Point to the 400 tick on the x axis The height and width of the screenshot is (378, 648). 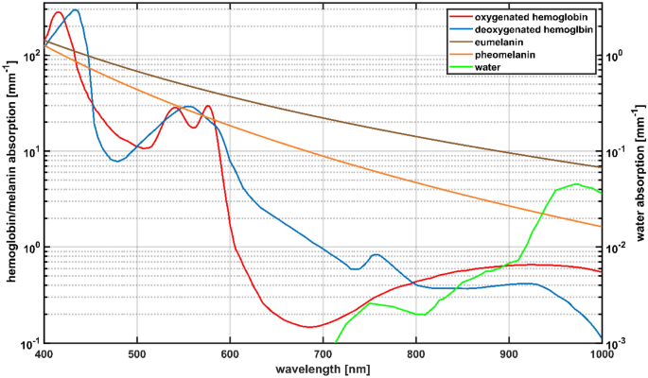click(x=44, y=353)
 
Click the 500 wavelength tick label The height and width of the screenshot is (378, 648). click(x=137, y=353)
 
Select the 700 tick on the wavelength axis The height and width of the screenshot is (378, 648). click(x=324, y=353)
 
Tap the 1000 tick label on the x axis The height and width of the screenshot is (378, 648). click(x=601, y=353)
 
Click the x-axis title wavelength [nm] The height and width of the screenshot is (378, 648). click(x=324, y=369)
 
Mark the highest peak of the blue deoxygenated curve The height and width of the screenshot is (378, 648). click(x=76, y=10)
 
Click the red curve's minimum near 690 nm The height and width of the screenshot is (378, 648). click(x=309, y=327)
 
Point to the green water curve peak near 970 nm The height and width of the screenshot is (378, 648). click(x=576, y=184)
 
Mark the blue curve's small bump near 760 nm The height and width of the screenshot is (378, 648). click(x=377, y=254)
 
